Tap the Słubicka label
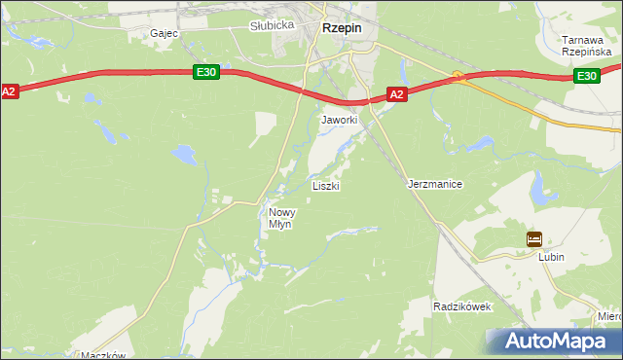(272, 25)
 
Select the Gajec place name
(163, 33)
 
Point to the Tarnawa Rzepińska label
(585, 47)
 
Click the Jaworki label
(340, 120)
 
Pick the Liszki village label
(325, 185)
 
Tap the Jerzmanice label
(434, 184)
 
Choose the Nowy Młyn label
(281, 218)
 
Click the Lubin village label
(552, 257)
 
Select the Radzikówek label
(462, 306)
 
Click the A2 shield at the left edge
(10, 91)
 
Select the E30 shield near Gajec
(204, 72)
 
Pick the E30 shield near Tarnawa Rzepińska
(585, 76)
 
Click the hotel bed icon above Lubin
(533, 238)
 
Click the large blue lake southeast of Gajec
(182, 153)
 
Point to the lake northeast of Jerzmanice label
(478, 144)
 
